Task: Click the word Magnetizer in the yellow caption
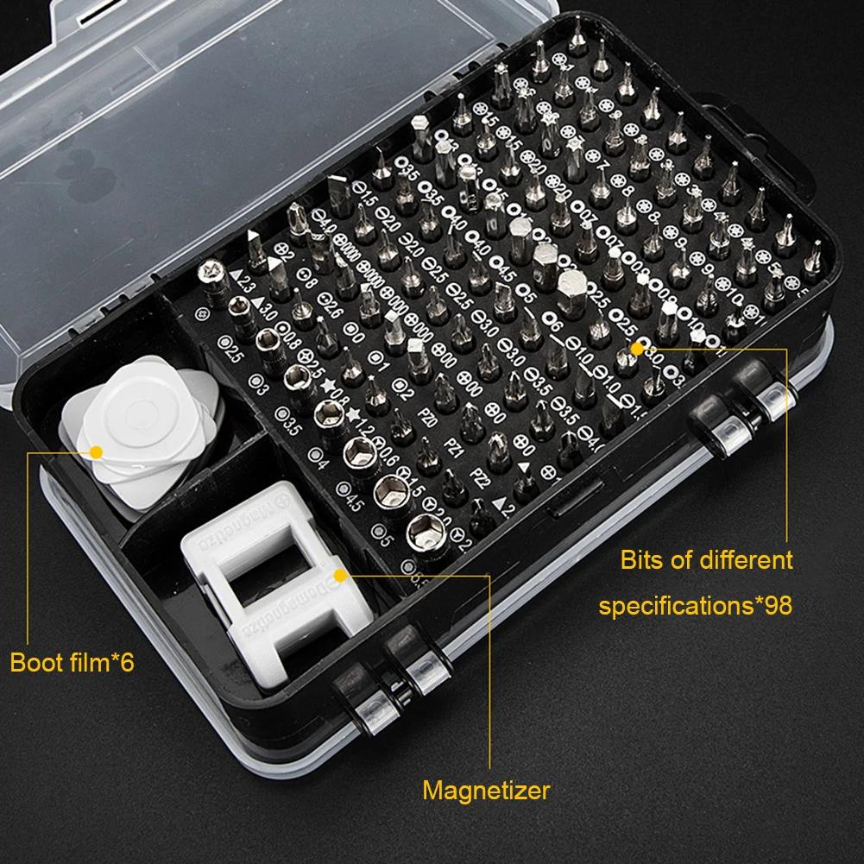coord(485,790)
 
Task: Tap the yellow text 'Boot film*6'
coord(73,663)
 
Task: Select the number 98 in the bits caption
coord(774,605)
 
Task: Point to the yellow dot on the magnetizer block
coord(339,572)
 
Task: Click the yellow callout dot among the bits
coord(639,347)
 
